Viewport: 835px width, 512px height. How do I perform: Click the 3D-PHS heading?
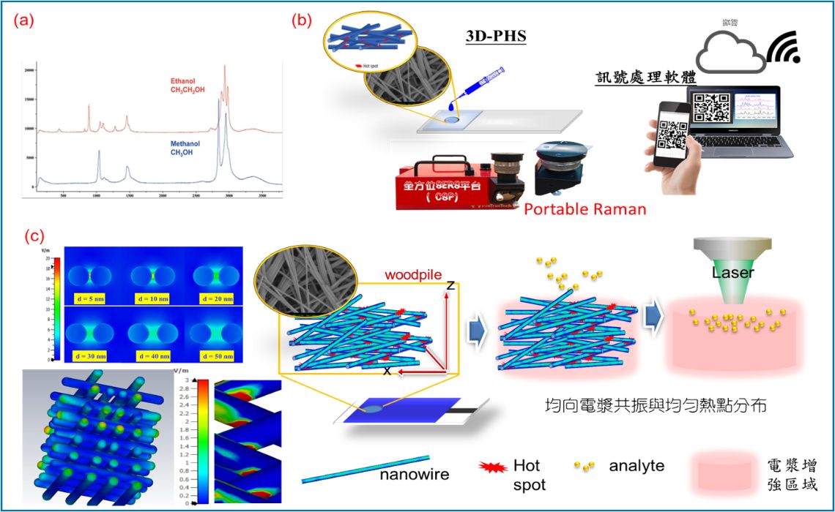coord(496,36)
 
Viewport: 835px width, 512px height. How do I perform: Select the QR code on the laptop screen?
coord(711,108)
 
